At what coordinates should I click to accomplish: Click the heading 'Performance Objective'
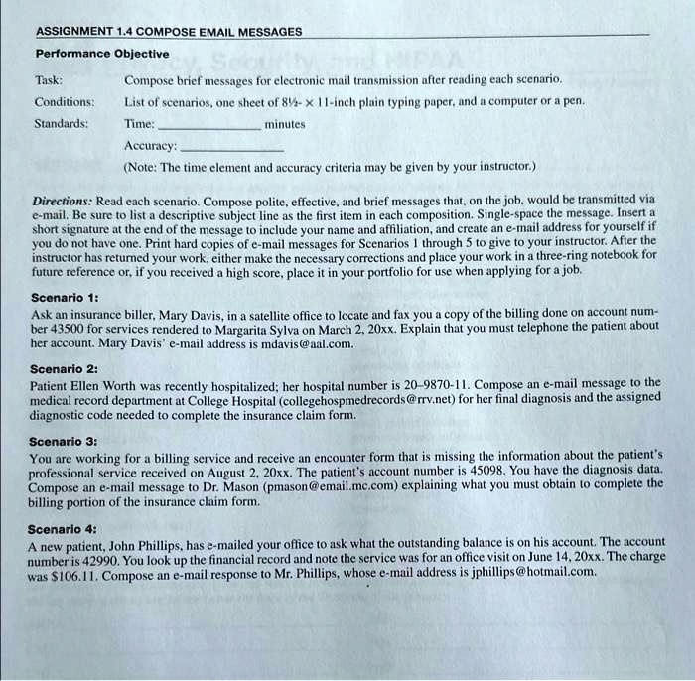coord(102,54)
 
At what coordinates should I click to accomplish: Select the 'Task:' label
coord(50,78)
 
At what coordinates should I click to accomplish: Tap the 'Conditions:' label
coord(66,101)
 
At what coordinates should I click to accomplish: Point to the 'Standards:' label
coord(62,124)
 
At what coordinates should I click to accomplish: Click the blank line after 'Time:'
coord(208,127)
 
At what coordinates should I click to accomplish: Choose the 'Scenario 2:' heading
coord(65,367)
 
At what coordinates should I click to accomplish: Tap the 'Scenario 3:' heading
coord(65,440)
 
